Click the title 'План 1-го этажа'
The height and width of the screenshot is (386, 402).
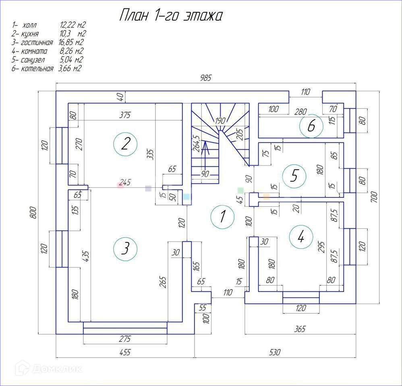coord(171,16)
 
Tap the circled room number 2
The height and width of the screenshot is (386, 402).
coord(125,144)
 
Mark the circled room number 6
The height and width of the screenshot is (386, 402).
coord(311,126)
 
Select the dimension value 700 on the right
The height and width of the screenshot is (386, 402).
coord(374,197)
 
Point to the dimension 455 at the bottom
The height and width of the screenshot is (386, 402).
coord(125,353)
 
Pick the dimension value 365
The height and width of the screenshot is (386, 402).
coord(300,329)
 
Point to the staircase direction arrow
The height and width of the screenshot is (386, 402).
coord(205,155)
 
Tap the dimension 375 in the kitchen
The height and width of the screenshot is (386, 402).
coord(125,115)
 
